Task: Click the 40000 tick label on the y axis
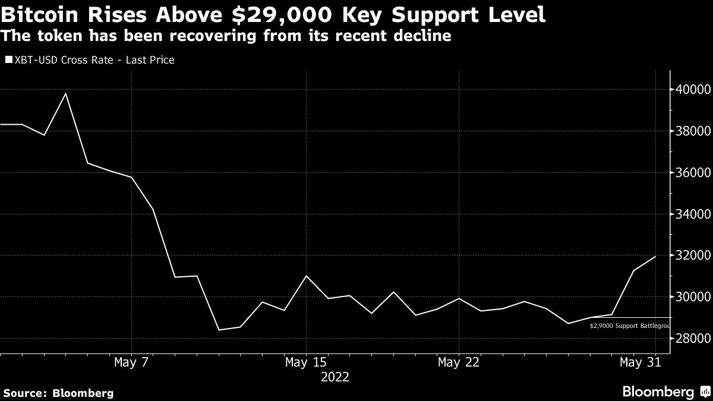click(692, 90)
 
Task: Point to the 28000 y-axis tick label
click(692, 339)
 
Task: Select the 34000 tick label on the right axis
click(692, 214)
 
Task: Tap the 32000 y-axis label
click(692, 255)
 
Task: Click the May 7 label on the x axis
click(131, 362)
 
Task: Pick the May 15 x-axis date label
click(305, 362)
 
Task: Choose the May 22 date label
click(458, 362)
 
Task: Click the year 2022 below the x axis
click(335, 377)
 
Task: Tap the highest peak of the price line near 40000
click(65, 93)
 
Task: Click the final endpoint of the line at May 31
click(655, 256)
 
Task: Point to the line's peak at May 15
click(305, 276)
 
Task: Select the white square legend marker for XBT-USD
click(8, 60)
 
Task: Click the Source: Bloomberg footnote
click(58, 393)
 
